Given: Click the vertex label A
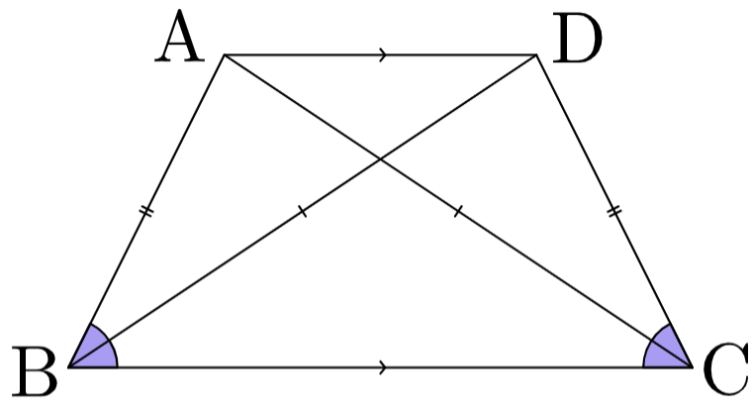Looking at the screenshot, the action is click(x=179, y=37).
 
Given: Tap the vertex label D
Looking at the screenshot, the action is click(x=577, y=38).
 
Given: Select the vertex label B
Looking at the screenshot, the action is click(x=35, y=371).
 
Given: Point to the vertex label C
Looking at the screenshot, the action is click(x=725, y=369).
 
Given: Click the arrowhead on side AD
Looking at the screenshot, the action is click(x=383, y=54).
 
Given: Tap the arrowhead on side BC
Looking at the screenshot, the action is click(x=383, y=367).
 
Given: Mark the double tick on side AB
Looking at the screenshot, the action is click(x=146, y=211).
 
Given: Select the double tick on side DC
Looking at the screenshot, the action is click(x=614, y=211).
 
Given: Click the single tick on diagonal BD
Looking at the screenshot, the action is click(x=302, y=211).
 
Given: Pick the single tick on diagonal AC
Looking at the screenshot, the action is click(x=458, y=211).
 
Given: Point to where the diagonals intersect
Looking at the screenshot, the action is click(x=380, y=158).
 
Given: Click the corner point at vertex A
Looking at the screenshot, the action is click(x=225, y=55).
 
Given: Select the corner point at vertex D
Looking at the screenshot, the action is click(x=536, y=55).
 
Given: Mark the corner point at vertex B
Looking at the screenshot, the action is click(x=69, y=367).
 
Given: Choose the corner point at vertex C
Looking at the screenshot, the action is click(x=692, y=367).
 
